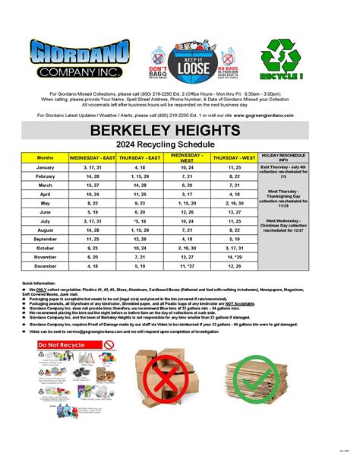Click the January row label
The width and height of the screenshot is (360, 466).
pos(46,167)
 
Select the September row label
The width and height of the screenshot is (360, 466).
pos(46,239)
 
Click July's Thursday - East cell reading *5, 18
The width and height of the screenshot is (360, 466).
pos(140,220)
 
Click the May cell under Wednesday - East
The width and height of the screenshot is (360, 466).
pos(93,203)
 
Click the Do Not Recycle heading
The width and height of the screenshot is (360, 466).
pos(59,344)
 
